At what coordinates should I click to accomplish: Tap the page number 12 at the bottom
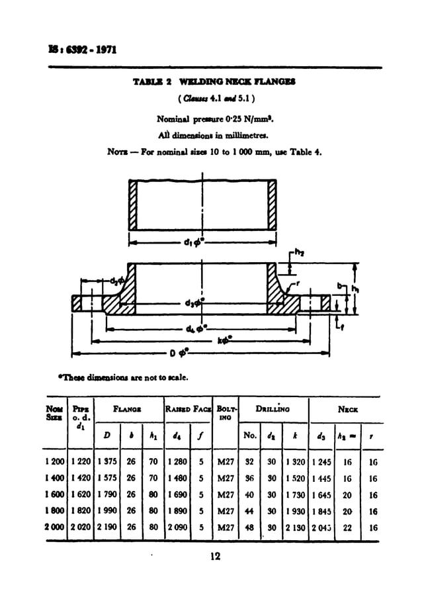pyautogui.click(x=214, y=557)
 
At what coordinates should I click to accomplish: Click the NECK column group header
pyautogui.click(x=348, y=410)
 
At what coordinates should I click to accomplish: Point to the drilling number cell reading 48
pyautogui.click(x=250, y=528)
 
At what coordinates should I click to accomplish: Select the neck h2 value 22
pyautogui.click(x=347, y=528)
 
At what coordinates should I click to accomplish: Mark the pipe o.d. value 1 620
pyautogui.click(x=81, y=494)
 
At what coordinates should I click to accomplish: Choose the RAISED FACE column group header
pyautogui.click(x=188, y=410)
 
